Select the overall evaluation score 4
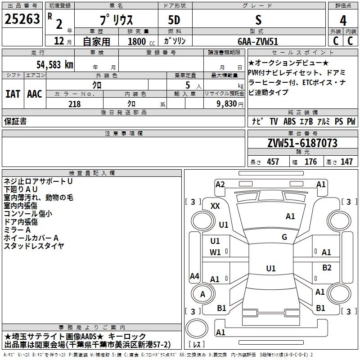(x=343, y=21)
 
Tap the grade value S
(x=258, y=20)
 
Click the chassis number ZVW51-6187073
(x=302, y=143)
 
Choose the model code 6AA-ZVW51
(x=258, y=40)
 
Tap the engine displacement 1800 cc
(x=138, y=41)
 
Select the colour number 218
(x=74, y=104)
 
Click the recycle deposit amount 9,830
(x=222, y=104)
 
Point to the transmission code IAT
(x=13, y=94)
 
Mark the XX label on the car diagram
(x=215, y=206)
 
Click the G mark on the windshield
(x=284, y=237)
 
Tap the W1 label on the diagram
(x=215, y=252)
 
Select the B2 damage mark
(x=327, y=268)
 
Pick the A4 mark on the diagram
(x=194, y=276)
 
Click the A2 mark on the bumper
(x=220, y=184)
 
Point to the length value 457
(x=273, y=162)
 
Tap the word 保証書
(x=15, y=121)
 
